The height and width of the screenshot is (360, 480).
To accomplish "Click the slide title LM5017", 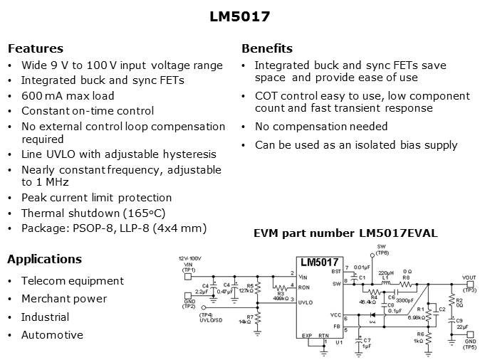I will [239, 16].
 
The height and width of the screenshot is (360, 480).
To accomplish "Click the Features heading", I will [35, 49].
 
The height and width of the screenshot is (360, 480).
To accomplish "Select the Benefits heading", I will [267, 49].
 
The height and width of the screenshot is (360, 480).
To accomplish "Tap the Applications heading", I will [44, 259].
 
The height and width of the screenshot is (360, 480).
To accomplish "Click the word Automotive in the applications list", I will [52, 335].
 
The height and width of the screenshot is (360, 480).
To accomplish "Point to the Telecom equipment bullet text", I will [72, 281].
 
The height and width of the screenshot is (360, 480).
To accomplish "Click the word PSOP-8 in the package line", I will [90, 228].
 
